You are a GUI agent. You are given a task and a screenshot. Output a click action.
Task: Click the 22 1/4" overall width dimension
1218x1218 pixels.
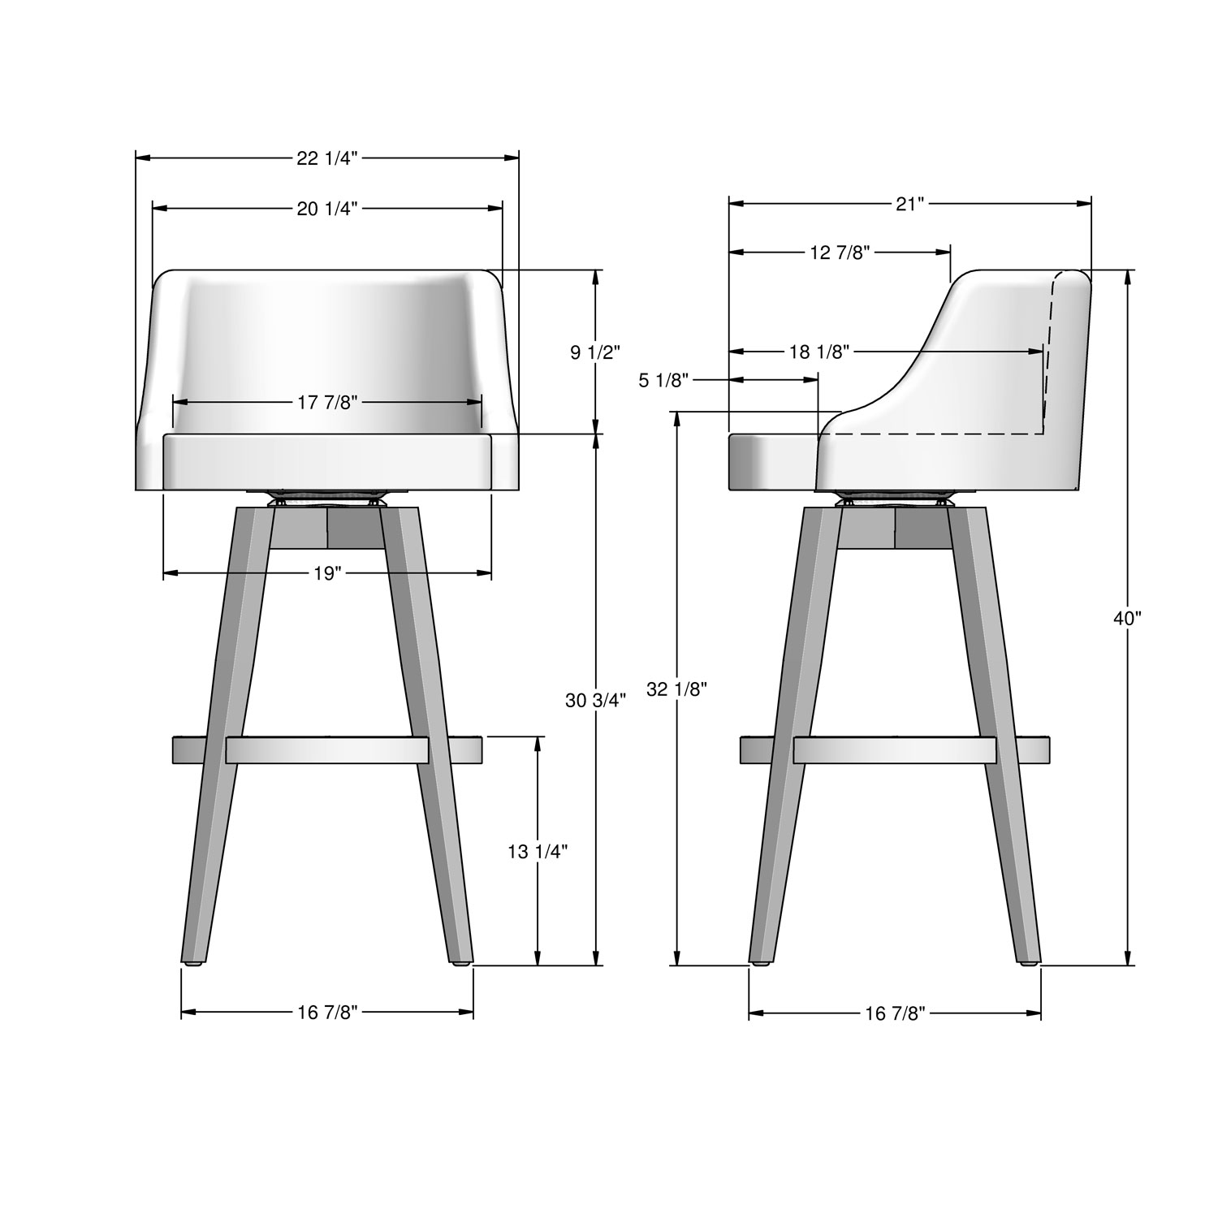tap(326, 159)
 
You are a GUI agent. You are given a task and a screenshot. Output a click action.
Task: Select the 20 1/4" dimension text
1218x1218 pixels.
tap(326, 209)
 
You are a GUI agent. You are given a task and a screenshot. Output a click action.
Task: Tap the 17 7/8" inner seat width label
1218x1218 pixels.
tap(326, 403)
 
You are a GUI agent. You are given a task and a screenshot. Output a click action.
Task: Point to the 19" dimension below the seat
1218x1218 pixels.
tap(326, 574)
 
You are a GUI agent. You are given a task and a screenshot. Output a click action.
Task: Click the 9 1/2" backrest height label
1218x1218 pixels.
tap(595, 352)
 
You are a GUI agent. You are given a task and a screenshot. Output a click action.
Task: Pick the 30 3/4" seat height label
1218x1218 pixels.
tap(595, 700)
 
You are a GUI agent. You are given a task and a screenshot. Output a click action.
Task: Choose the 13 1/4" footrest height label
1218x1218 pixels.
tap(537, 851)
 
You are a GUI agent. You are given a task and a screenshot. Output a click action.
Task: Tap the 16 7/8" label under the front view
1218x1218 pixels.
tap(326, 1012)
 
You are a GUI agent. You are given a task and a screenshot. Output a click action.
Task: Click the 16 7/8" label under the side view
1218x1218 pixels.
tap(894, 1012)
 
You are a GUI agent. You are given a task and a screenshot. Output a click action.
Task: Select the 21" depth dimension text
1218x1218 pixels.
tap(909, 204)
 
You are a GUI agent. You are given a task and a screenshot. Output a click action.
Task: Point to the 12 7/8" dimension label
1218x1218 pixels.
tap(840, 253)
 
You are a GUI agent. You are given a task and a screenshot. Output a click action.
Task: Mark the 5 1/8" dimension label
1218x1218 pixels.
tap(664, 380)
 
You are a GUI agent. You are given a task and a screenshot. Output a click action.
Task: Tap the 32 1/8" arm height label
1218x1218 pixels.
tap(676, 689)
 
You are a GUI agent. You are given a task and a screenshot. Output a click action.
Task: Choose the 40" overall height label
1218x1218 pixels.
tap(1126, 618)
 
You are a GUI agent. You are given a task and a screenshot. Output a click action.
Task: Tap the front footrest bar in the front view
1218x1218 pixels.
tap(326, 750)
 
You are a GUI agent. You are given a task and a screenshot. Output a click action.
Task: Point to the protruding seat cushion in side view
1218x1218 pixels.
tap(771, 462)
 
